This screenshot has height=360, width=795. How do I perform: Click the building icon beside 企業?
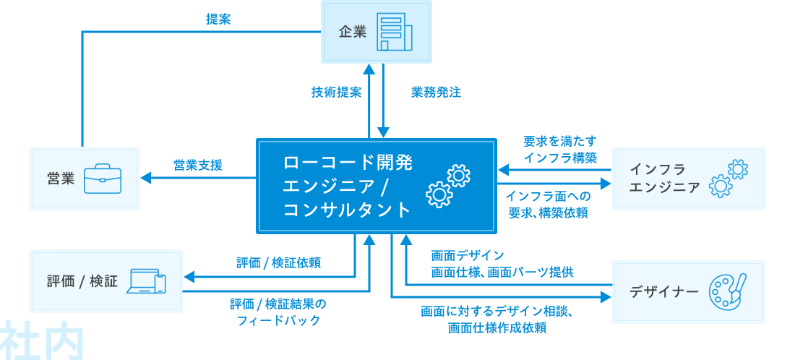[395, 33]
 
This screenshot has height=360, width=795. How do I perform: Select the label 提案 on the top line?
[218, 20]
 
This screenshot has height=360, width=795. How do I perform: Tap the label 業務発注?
[436, 93]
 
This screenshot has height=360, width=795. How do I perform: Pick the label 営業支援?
[197, 166]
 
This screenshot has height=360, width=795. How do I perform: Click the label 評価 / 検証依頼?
[278, 263]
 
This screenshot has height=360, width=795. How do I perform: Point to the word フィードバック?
[278, 320]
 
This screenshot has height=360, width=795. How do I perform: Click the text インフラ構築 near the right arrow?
[561, 158]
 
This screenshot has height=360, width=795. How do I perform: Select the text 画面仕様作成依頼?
[497, 328]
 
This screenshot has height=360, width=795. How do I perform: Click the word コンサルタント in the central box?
[347, 210]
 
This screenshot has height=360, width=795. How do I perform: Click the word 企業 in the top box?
[353, 33]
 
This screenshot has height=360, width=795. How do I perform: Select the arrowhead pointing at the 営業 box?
[145, 178]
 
